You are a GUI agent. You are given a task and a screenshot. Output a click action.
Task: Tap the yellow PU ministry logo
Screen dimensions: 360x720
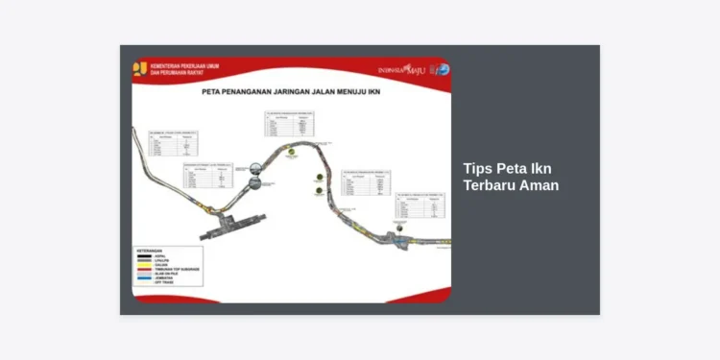click(x=141, y=69)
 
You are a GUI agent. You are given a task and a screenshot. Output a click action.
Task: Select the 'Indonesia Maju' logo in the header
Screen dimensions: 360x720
click(x=402, y=69)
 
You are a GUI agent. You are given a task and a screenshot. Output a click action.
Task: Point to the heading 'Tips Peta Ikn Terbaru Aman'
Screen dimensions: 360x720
click(x=510, y=176)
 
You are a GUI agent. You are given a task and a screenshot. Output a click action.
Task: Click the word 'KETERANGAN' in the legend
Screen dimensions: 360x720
click(x=150, y=251)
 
